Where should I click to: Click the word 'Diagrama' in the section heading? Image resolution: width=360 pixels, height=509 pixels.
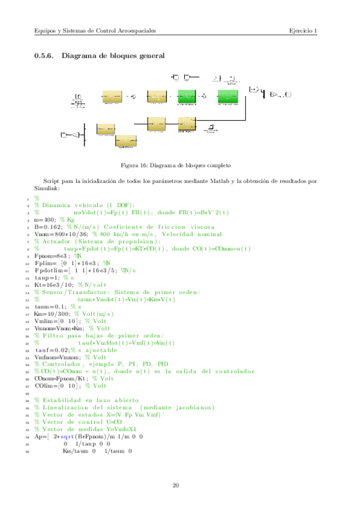click(81, 55)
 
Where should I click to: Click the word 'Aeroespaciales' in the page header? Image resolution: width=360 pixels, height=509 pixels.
click(135, 31)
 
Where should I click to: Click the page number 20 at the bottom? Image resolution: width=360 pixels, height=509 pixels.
click(176, 485)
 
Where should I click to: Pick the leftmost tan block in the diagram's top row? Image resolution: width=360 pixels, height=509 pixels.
click(112, 97)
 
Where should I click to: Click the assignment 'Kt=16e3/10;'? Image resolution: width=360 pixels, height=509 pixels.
click(54, 286)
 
